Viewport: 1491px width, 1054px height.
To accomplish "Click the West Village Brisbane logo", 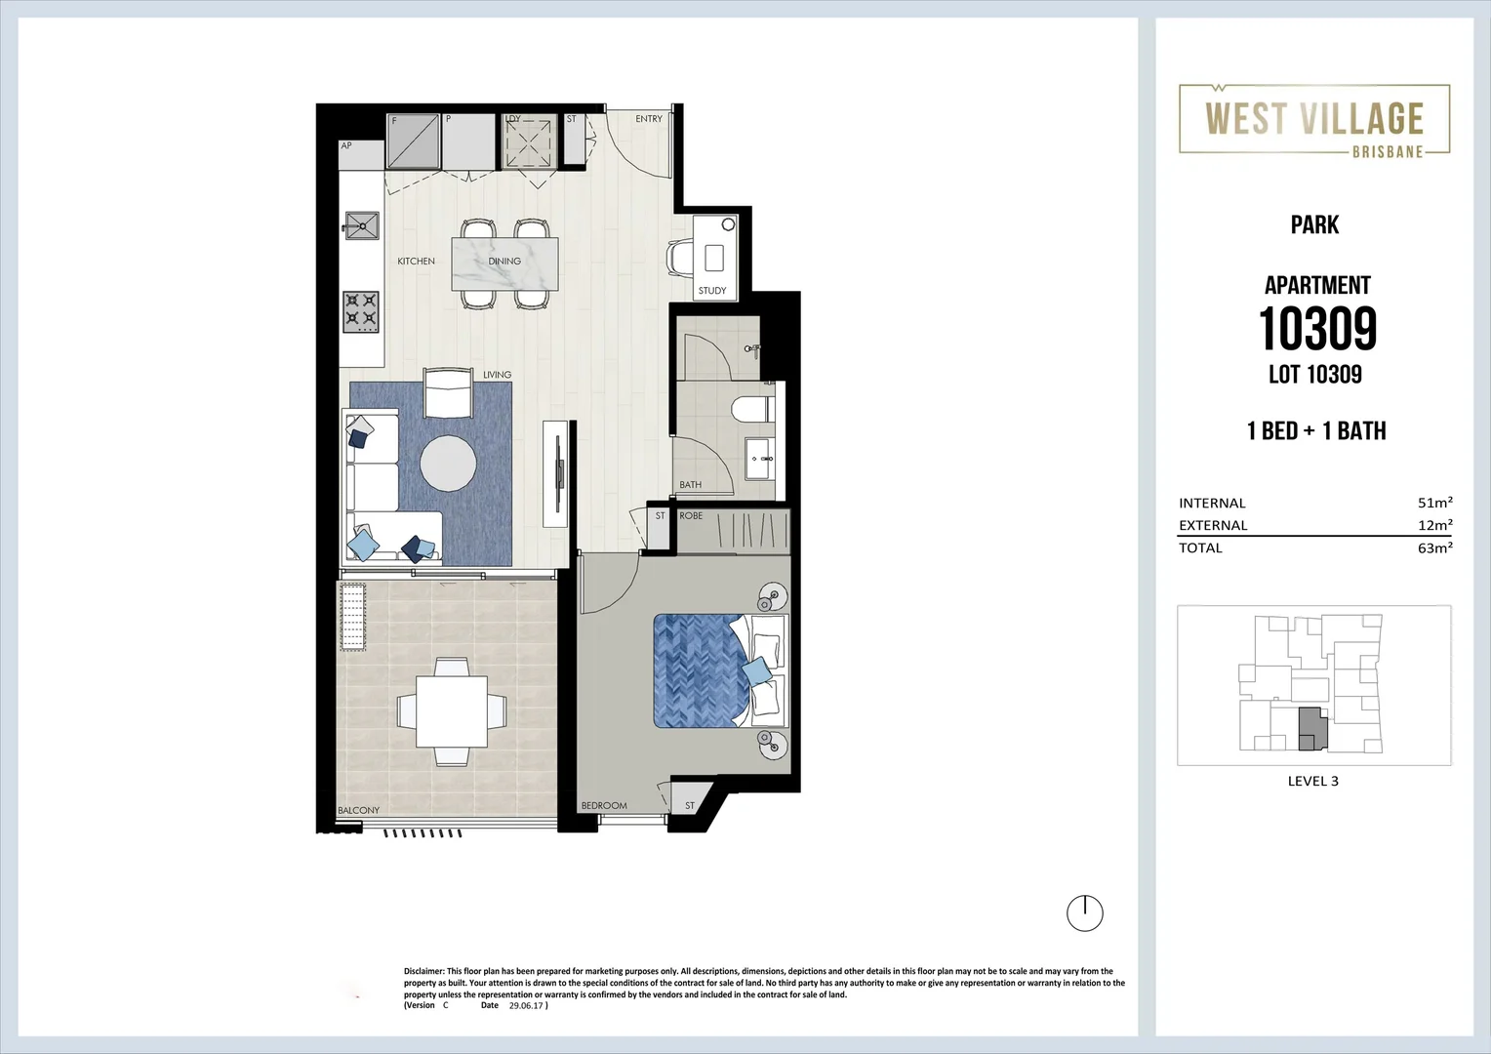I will tap(1313, 120).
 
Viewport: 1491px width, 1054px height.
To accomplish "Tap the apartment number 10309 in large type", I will tap(1316, 329).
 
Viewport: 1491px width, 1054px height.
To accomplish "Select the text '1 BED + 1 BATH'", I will tap(1315, 431).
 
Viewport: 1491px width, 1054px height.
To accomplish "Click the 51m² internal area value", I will tap(1434, 503).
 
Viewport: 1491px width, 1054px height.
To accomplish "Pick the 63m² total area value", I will tap(1434, 548).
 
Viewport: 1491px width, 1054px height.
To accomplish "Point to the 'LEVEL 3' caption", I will tap(1312, 781).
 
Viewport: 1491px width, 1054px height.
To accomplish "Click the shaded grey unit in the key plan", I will tap(1311, 729).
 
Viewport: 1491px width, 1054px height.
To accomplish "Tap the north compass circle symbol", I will tap(1084, 913).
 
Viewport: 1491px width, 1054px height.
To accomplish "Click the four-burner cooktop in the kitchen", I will tap(360, 311).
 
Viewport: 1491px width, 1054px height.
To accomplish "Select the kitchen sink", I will tap(361, 225).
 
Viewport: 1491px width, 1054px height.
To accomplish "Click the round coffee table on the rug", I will tap(449, 463).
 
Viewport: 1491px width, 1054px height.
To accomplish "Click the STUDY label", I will tap(711, 291).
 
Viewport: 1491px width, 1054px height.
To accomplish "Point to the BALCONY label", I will tap(358, 810).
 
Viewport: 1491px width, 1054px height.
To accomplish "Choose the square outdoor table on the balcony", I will tap(451, 710).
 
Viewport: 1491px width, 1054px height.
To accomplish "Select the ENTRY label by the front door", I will tap(648, 119).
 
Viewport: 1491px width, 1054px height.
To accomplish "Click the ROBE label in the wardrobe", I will tap(691, 515).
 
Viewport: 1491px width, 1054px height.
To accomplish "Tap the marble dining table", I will tap(504, 263).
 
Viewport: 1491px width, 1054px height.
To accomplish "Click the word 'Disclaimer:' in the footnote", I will tap(423, 971).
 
